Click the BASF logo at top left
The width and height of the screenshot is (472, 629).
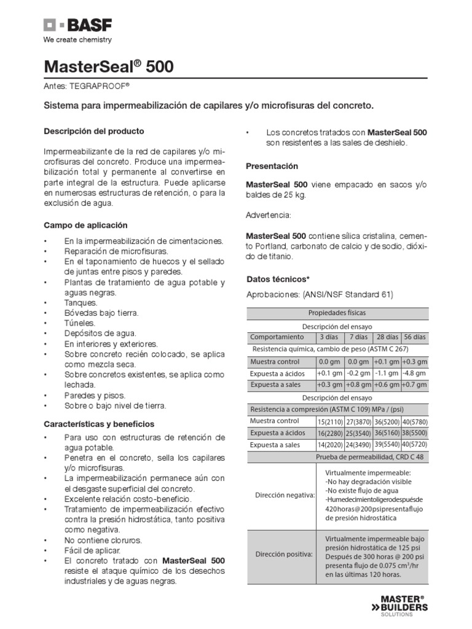77,26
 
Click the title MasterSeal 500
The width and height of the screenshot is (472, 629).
108,67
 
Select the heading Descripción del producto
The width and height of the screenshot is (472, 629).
93,131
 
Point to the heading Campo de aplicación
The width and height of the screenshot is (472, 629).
85,225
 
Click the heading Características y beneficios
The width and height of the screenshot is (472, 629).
99,424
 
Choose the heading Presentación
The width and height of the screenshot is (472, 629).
272,166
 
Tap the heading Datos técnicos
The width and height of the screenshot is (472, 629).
277,279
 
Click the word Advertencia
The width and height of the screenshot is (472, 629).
268,216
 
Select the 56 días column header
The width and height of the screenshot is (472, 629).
414,337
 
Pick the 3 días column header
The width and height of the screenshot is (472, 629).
329,337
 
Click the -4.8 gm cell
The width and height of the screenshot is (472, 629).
414,373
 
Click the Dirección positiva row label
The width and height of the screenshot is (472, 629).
283,554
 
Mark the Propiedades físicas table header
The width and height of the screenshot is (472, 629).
337,313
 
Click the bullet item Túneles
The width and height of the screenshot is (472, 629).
80,322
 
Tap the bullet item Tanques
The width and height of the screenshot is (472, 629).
81,303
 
